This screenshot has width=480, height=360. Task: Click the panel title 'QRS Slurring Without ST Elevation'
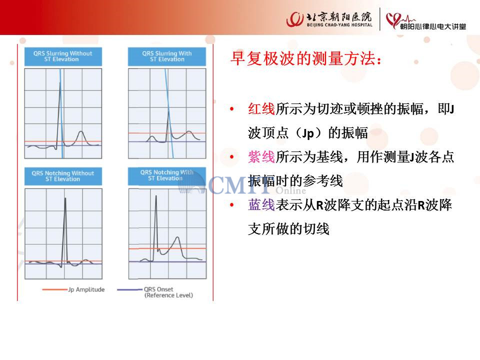pyautogui.click(x=63, y=56)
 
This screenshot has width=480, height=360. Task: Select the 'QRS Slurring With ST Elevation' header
pyautogui.click(x=167, y=56)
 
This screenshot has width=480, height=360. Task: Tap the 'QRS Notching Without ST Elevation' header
pyautogui.click(x=63, y=176)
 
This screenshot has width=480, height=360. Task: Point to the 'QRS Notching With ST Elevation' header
pyautogui.click(x=167, y=175)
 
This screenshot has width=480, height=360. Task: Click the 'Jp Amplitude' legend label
pyautogui.click(x=86, y=289)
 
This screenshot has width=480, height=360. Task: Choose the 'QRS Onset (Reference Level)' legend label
pyautogui.click(x=168, y=292)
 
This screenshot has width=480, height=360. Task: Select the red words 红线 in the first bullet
pyautogui.click(x=261, y=109)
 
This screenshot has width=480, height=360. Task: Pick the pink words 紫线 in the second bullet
pyautogui.click(x=261, y=157)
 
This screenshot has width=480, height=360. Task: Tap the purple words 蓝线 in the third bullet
pyautogui.click(x=261, y=205)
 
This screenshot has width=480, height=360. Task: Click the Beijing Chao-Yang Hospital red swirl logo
pyautogui.click(x=295, y=19)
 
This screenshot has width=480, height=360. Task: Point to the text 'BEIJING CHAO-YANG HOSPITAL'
pyautogui.click(x=339, y=25)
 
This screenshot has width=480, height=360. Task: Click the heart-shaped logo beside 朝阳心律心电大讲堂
pyautogui.click(x=393, y=20)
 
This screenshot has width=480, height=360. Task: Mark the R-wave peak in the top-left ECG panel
pyautogui.click(x=60, y=81)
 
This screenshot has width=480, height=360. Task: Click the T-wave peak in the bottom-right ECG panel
pyautogui.click(x=177, y=237)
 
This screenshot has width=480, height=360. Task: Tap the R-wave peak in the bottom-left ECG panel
pyautogui.click(x=65, y=198)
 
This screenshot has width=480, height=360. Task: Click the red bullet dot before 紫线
pyautogui.click(x=232, y=157)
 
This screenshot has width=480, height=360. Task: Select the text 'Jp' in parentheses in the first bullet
pyautogui.click(x=308, y=133)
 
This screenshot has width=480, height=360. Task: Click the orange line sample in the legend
pyautogui.click(x=54, y=289)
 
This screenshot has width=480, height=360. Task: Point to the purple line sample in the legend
pyautogui.click(x=130, y=289)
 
